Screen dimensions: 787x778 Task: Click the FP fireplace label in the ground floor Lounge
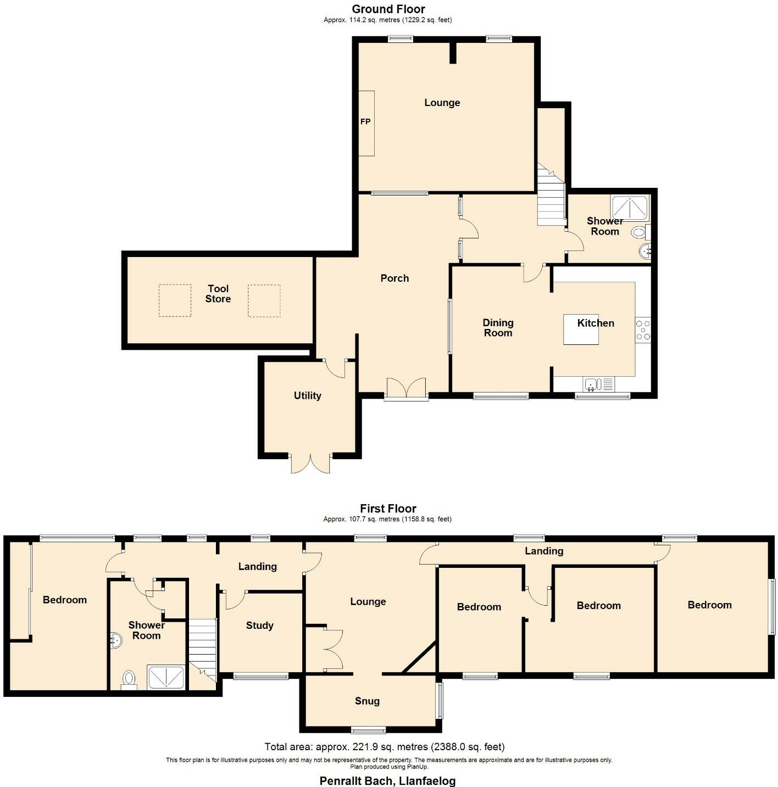365,122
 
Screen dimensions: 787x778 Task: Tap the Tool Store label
218,294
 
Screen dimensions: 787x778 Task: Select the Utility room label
307,395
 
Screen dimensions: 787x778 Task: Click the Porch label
394,278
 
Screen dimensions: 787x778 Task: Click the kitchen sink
592,384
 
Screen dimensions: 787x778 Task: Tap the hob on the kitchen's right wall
643,330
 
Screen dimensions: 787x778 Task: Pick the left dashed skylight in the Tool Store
175,300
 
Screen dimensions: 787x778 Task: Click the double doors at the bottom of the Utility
311,464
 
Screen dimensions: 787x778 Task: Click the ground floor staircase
551,203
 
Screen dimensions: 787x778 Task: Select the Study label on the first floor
259,626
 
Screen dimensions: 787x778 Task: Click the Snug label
367,701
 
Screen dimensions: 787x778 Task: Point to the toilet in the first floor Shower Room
129,679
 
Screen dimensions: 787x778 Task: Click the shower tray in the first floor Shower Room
165,677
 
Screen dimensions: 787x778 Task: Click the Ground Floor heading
388,9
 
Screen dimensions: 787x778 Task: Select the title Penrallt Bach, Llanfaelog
388,780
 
